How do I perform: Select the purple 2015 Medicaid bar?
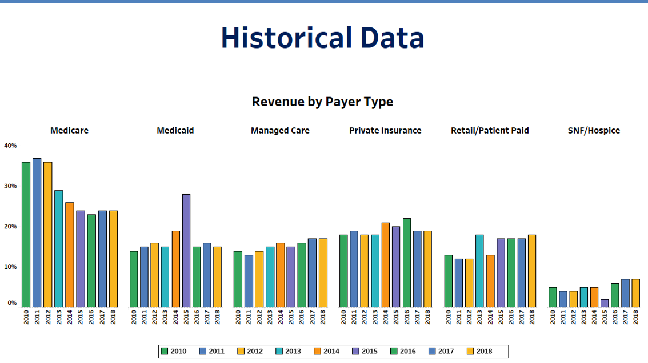tap(186, 251)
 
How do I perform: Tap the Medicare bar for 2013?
tap(58, 248)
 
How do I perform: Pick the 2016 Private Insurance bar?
tap(406, 263)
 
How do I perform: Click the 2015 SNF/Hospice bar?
tap(605, 303)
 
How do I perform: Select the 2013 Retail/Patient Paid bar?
tap(479, 271)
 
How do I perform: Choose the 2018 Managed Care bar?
tap(323, 272)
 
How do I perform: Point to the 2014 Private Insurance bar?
tap(386, 265)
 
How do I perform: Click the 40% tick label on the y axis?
tap(10, 146)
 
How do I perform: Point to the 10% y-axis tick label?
tap(10, 267)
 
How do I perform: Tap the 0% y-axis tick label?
tap(12, 303)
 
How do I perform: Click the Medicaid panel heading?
tap(175, 131)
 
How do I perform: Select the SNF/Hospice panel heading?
tap(594, 131)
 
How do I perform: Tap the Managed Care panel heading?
tap(280, 131)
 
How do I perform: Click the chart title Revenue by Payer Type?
tap(322, 102)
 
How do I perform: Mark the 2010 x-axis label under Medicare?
tap(26, 317)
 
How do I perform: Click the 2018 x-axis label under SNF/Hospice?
tap(636, 317)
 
